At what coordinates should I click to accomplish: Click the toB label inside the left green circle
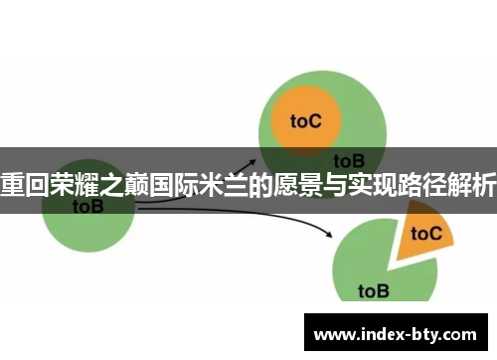(88, 207)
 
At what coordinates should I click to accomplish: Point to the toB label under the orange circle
(349, 160)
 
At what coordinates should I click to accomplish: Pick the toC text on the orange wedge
(426, 234)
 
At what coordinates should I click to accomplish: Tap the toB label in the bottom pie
(374, 291)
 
